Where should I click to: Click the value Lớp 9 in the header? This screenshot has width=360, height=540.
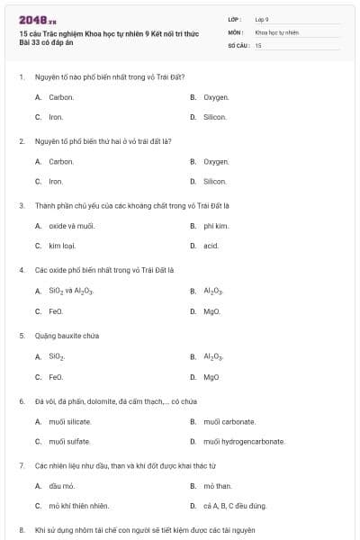click(262, 18)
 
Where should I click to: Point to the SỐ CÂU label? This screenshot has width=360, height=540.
click(238, 44)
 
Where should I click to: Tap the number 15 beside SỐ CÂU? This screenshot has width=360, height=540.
click(258, 44)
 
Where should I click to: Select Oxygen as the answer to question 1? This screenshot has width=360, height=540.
click(216, 96)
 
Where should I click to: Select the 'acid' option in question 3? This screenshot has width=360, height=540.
click(211, 245)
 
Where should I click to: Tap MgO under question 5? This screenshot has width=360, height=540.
click(211, 377)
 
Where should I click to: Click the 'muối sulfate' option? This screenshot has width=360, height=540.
click(69, 441)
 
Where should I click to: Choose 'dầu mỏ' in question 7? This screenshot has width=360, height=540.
click(60, 486)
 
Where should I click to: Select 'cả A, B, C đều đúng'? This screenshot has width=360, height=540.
click(235, 506)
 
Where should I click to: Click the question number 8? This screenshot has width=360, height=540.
click(22, 531)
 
